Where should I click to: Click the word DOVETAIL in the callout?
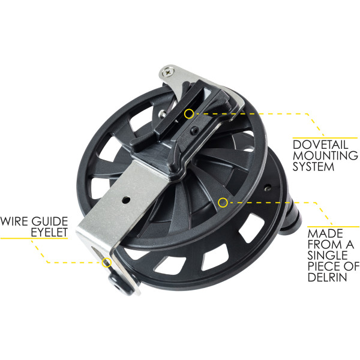pos(320,145)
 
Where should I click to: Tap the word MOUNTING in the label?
pos(325,155)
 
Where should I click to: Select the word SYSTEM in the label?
pos(313,166)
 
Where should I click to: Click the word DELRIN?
pos(327,277)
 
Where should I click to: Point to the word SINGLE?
pos(328,255)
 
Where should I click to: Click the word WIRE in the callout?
pos(14,221)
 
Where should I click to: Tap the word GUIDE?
pos(50,221)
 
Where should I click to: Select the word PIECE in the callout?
pos(323,266)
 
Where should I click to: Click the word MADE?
pos(325,233)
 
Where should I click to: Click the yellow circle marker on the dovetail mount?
pos(189,114)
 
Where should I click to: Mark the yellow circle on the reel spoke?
pos(223,203)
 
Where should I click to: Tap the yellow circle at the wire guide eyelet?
pos(107,262)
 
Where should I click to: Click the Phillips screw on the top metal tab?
pos(168,72)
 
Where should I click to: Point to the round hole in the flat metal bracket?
pos(126,200)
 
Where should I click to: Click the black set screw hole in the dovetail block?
pos(195,131)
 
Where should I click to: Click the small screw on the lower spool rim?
pos(267,189)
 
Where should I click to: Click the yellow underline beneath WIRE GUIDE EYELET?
pos(34,238)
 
